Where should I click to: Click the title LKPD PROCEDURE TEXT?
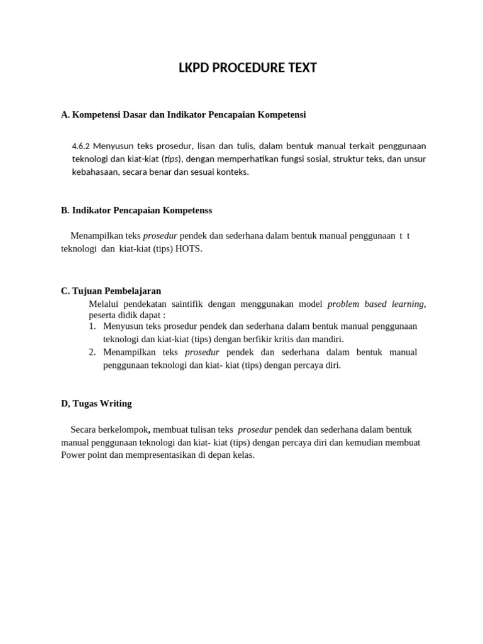[x=248, y=68]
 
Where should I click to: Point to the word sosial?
[x=321, y=158]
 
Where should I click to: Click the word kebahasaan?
[x=94, y=171]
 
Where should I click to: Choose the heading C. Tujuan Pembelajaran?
[x=111, y=291]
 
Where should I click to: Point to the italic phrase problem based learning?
[x=375, y=304]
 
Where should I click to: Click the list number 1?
[x=92, y=326]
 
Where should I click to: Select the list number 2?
[x=92, y=352]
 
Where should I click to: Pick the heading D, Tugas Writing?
[x=96, y=403]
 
